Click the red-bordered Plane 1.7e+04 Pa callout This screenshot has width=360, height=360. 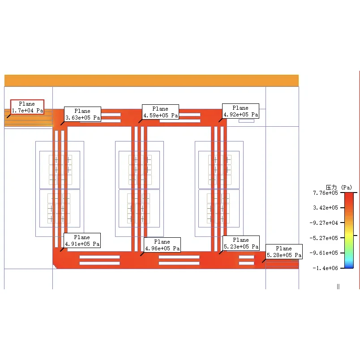click(x=27, y=107)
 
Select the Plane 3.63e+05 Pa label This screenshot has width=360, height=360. click(x=82, y=114)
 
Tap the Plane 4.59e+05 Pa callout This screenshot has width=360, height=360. click(x=160, y=112)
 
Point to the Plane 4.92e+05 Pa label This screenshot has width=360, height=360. click(x=240, y=111)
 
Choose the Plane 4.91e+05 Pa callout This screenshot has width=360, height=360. click(x=82, y=240)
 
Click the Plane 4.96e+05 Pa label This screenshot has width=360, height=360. click(x=162, y=245)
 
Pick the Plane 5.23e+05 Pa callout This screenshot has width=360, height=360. click(x=241, y=243)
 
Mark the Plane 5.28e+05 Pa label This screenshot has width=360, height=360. click(x=284, y=252)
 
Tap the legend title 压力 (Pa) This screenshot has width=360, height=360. click(x=339, y=187)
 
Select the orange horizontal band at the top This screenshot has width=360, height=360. click(x=151, y=81)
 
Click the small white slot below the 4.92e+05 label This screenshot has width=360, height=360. click(x=246, y=121)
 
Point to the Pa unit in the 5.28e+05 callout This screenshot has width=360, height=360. click(x=298, y=255)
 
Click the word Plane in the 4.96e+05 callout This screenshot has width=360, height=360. click(x=162, y=242)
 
